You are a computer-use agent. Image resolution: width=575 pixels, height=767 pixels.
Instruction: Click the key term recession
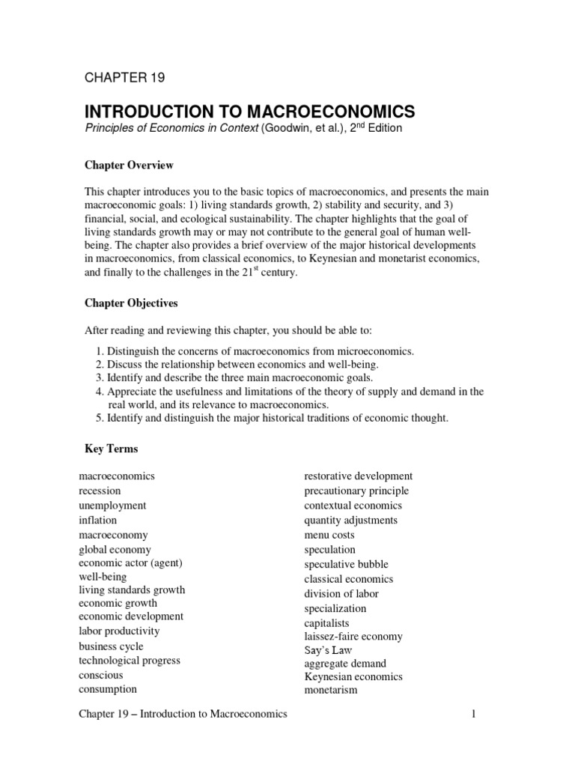100,491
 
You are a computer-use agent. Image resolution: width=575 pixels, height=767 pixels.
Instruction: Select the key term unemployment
112,506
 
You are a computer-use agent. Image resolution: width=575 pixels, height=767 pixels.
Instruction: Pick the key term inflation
97,520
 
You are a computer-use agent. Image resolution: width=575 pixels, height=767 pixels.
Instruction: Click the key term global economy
115,550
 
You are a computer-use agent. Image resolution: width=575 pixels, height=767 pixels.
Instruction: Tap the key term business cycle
111,646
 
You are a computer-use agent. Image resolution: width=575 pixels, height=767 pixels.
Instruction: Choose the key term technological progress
130,661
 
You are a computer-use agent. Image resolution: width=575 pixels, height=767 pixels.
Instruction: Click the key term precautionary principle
356,491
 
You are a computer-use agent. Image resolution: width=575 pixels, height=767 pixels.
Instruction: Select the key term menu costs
329,535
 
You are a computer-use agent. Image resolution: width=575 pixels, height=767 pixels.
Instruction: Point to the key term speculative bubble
346,564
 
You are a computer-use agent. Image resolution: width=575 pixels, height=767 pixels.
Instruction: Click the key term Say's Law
328,650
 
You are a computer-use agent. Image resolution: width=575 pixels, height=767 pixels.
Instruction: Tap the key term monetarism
331,690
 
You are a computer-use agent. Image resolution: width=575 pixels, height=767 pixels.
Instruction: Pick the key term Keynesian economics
353,676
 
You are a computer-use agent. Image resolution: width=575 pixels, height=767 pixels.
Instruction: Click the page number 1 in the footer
474,715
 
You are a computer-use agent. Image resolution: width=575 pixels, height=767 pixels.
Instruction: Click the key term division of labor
341,594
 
